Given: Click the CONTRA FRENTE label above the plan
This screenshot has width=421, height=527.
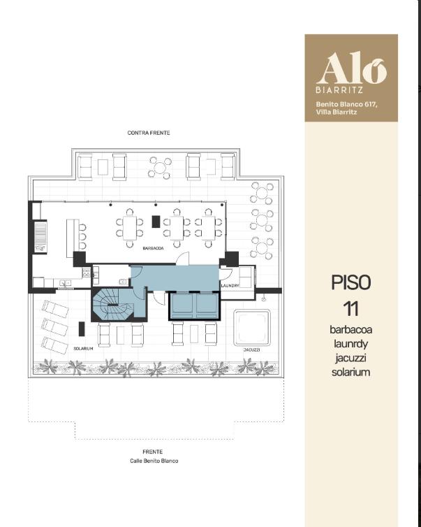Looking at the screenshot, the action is coord(149,133).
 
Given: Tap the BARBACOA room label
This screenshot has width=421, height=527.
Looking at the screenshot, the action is coord(153,248).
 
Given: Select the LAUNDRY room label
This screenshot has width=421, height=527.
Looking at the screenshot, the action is coord(230,286).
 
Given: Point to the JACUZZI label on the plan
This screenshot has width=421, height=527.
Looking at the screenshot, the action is coord(252,350).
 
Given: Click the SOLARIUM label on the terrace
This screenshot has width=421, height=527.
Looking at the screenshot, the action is coord(83,349).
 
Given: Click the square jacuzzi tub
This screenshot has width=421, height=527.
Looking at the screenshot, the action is coord(252,328).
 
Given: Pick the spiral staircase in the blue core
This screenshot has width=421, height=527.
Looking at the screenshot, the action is coord(110,304).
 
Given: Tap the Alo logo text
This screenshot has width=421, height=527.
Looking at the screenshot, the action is coord(351,68).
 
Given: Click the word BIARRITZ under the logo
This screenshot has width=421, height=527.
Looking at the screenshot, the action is coord(339,90).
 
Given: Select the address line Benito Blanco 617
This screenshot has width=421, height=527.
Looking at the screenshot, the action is coord(346,105).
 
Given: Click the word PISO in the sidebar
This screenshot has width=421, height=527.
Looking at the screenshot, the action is coord(350,282).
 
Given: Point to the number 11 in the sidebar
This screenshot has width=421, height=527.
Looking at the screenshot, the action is coord(350,309).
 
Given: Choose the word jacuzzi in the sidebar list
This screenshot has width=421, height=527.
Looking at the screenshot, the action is coord(350,359).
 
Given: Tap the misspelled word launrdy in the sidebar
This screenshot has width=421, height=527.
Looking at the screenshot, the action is coord(350,344).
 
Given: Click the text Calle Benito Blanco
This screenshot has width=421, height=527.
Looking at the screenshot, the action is coord(154,461).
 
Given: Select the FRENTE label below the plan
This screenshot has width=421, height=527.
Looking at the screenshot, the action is coord(152,452).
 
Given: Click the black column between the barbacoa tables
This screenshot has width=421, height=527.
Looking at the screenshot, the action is coord(156,222).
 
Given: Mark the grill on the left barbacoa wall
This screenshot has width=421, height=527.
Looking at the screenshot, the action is coord(40,236).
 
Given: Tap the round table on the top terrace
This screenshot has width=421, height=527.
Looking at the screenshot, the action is coord(160,167).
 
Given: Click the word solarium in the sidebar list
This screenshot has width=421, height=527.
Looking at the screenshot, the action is coord(350,373).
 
